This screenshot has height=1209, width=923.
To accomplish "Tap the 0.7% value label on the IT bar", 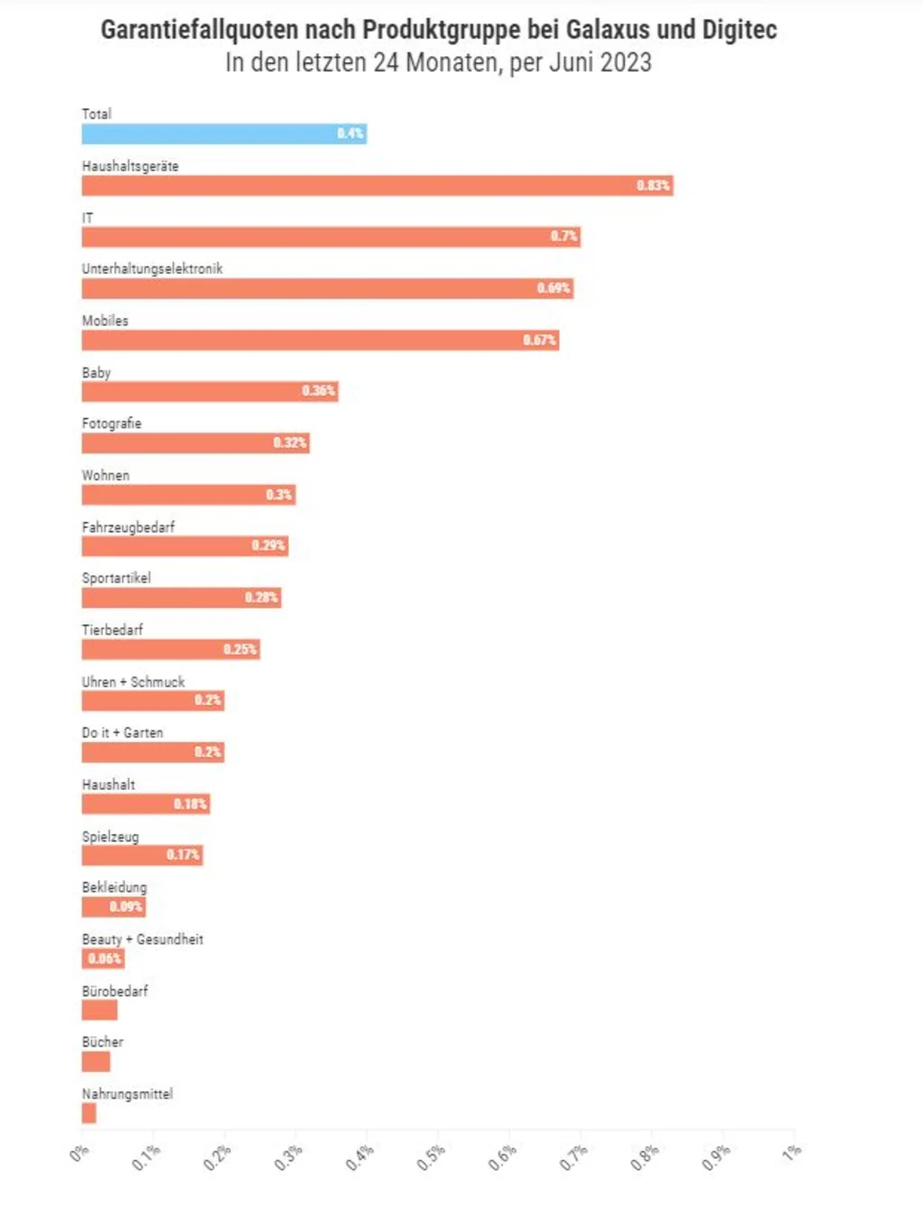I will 564,237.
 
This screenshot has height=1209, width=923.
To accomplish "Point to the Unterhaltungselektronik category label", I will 151,268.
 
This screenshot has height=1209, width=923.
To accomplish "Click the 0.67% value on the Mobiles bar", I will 539,341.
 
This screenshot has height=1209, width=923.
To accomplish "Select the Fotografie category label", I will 112,423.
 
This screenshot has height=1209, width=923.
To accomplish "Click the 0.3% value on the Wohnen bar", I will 279,495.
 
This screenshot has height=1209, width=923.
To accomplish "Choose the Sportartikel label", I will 116,578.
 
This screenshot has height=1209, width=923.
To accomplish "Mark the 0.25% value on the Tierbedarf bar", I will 240,650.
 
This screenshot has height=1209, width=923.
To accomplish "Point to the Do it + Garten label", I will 123,733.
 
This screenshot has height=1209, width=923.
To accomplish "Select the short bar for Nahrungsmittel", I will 88,1114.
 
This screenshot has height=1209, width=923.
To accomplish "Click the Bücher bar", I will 96,1062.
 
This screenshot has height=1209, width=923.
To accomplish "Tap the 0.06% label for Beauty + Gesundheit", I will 105,959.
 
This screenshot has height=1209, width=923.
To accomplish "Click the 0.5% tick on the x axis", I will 431,1158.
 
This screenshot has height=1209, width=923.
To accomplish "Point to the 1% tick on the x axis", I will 791,1152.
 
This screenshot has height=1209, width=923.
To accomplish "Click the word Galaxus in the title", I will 608,30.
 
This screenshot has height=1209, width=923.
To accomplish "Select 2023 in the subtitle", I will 626,62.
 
